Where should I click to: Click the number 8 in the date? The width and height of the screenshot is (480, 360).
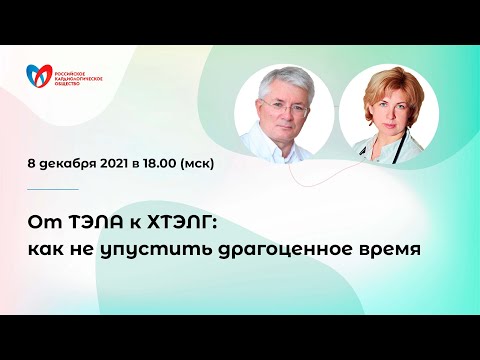(32, 163)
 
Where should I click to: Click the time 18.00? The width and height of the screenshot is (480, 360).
(170, 163)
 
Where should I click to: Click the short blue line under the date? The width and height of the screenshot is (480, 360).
(53, 189)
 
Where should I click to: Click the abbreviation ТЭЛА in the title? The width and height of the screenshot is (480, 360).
(86, 220)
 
